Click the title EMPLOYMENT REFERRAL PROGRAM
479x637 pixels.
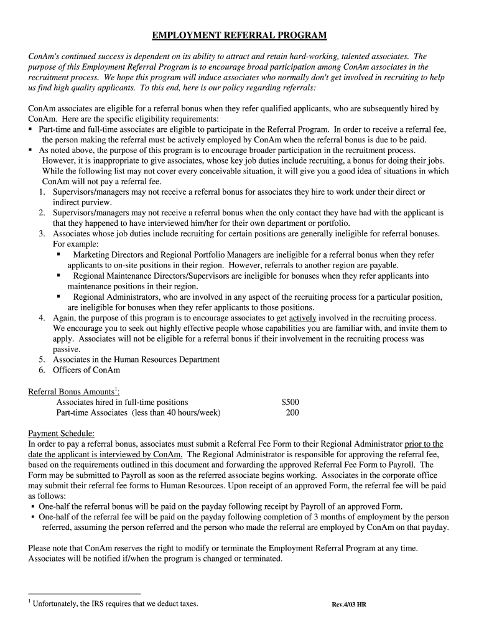tap(240, 35)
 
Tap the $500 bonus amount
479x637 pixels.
tap(290, 402)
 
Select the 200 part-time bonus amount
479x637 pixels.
tap(292, 412)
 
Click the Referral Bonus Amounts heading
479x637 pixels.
tap(74, 392)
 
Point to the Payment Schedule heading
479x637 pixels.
tap(62, 434)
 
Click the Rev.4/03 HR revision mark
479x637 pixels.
tap(348, 604)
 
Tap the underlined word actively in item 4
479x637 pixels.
tap(303, 318)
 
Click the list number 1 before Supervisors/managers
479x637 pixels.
tap(41, 192)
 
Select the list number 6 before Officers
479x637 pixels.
tap(41, 370)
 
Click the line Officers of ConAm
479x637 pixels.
tap(86, 370)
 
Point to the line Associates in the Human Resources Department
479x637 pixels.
tap(136, 360)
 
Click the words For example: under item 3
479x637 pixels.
tap(75, 244)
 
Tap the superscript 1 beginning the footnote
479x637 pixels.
tap(30, 601)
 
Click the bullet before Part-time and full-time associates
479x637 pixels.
tap(30, 129)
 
